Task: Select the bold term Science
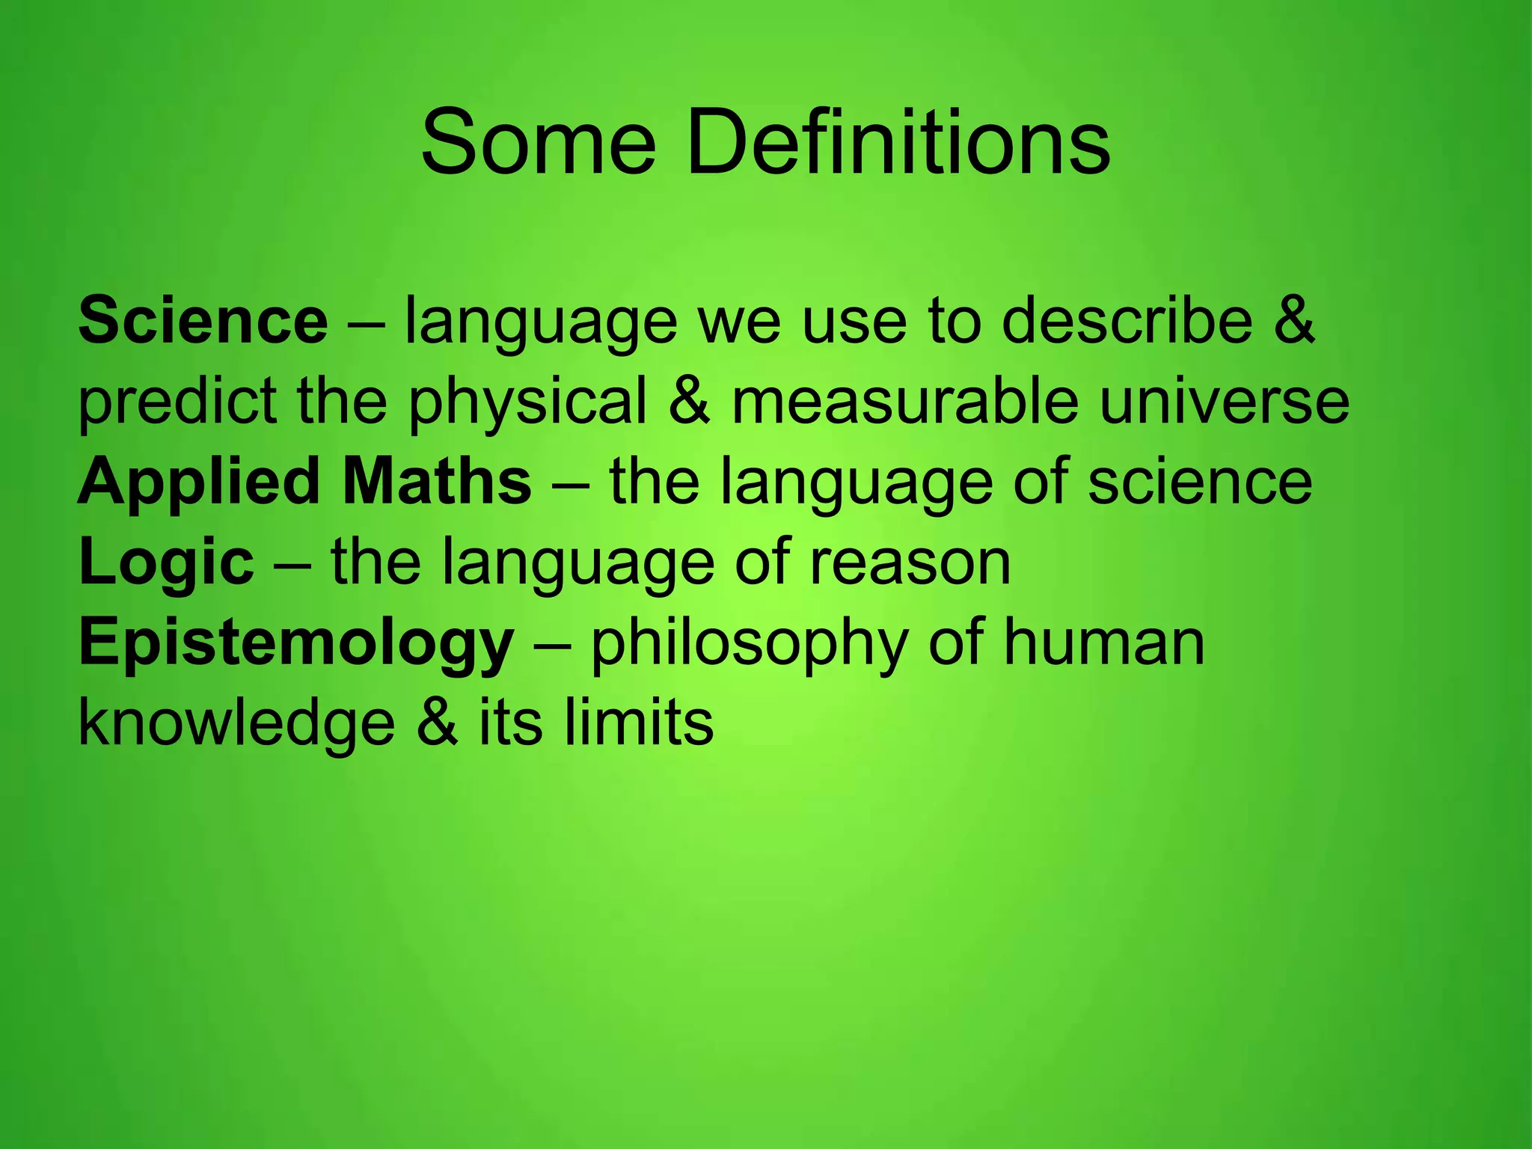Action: pyautogui.click(x=203, y=321)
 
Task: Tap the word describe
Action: pyautogui.click(x=1127, y=321)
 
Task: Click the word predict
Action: pyautogui.click(x=177, y=402)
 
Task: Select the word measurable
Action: pyautogui.click(x=904, y=402)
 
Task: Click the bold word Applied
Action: pyautogui.click(x=199, y=482)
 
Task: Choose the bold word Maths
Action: pyautogui.click(x=437, y=482)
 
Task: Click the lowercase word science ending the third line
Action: pyautogui.click(x=1200, y=482)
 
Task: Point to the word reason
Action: pyautogui.click(x=910, y=563)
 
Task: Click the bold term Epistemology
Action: pyautogui.click(x=296, y=644)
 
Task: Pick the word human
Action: pyautogui.click(x=1104, y=644)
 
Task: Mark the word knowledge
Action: pyautogui.click(x=236, y=724)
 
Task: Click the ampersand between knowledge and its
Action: pyautogui.click(x=437, y=724)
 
